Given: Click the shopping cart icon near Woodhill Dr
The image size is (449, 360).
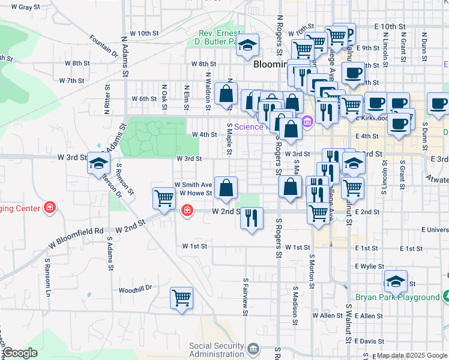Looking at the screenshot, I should point(181,298).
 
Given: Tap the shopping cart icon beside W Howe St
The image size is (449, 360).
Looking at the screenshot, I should point(164,198).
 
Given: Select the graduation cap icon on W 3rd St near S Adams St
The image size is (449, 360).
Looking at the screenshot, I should point(98,163).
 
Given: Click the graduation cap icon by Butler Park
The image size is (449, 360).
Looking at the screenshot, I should point(246,46).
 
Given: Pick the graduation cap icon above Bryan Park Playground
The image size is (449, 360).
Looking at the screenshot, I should point(396,281).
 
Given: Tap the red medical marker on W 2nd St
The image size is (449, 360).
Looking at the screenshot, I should point(187,210).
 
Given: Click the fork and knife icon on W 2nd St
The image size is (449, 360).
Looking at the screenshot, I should point(252,217).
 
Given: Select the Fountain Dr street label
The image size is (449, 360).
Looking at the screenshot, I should point(104,46).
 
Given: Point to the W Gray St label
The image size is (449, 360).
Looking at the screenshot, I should point(17,7).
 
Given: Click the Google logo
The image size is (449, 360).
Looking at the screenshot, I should point(20,353).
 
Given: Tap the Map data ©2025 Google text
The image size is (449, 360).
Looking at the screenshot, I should point(411,356).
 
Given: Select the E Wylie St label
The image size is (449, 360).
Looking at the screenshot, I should point(369,265).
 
